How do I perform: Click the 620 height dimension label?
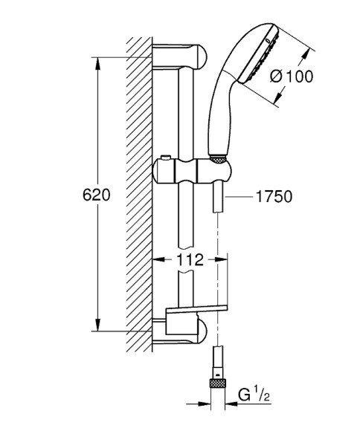[97, 196]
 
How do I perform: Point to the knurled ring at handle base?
[218, 158]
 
